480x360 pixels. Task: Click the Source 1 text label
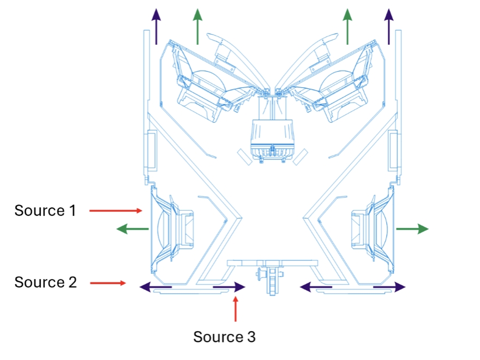[45, 210]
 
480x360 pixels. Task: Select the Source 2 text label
[45, 283]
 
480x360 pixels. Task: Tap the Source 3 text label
[224, 337]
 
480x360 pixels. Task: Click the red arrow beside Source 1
[116, 210]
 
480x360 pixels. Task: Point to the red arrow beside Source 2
[107, 283]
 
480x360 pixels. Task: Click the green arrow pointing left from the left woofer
[133, 229]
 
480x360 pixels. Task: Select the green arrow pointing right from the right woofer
[412, 229]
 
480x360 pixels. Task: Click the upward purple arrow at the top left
[157, 26]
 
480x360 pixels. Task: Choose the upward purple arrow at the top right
[388, 26]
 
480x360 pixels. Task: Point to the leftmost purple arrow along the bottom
[156, 286]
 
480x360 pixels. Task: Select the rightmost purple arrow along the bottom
[389, 286]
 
